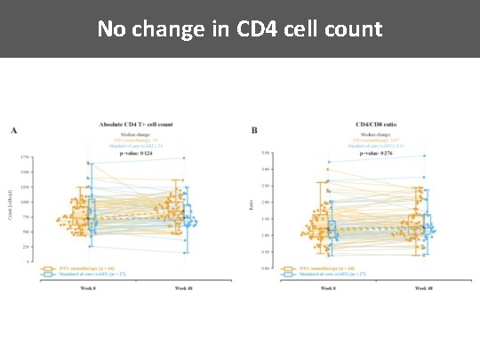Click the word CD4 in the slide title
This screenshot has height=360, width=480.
pos(257,29)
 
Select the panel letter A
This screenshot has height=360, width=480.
pos(13,131)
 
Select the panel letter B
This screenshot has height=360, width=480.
pos(255,131)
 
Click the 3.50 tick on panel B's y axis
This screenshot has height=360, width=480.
pos(266,153)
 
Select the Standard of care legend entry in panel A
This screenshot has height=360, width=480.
pos(76,274)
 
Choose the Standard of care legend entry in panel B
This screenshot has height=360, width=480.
pos(316,274)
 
